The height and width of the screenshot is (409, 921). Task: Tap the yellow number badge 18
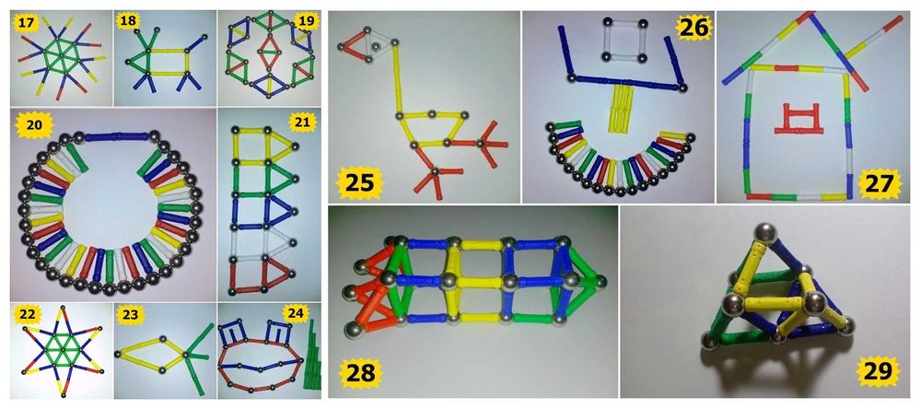pos(127,22)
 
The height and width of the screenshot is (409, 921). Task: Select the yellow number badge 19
pos(307,22)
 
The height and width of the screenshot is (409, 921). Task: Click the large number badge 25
pos(359,182)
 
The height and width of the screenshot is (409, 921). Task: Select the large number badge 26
pos(694,27)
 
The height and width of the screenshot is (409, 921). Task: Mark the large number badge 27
pos(878,183)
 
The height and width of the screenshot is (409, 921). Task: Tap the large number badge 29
pos(877,370)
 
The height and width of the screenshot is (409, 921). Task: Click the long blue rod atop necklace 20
pos(116,137)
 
